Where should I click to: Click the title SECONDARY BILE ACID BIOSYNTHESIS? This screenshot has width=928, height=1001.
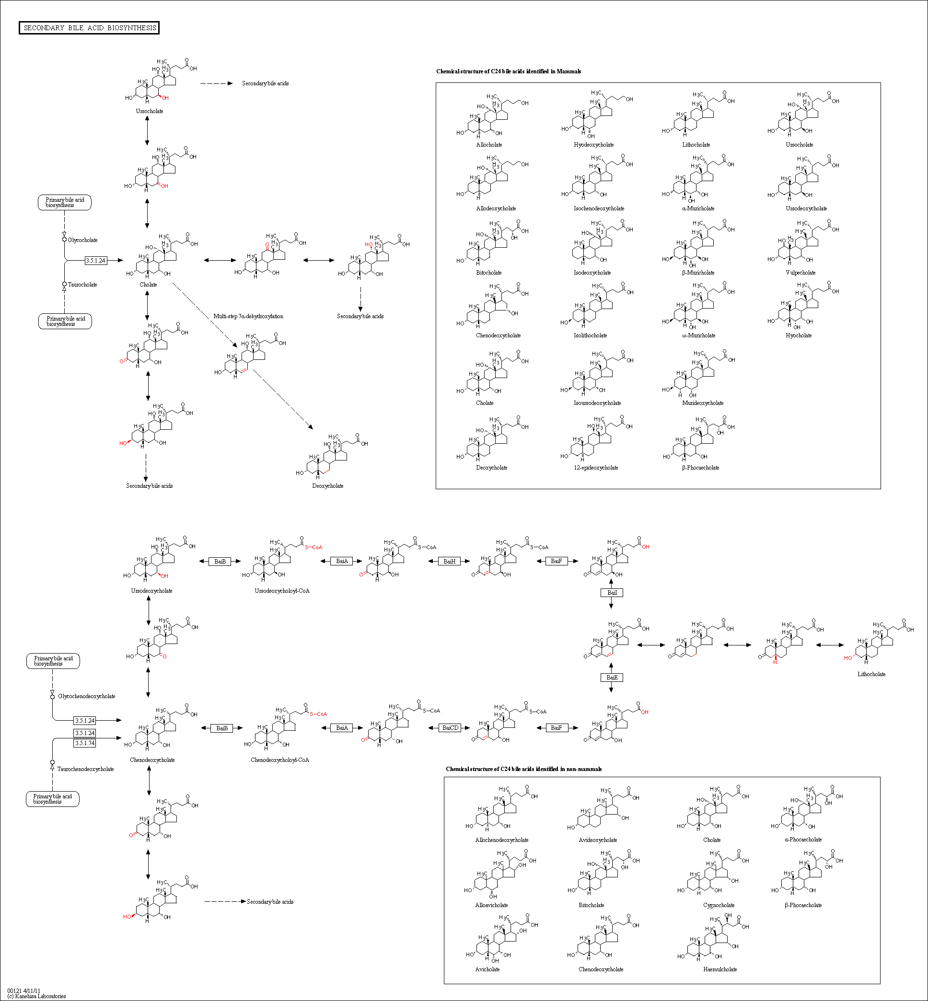click(x=89, y=28)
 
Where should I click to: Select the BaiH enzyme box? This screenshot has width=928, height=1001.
click(x=450, y=561)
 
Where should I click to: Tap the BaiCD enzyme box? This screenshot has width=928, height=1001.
click(x=451, y=728)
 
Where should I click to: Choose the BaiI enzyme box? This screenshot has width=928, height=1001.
click(x=612, y=593)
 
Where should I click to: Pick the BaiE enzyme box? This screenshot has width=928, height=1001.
click(x=612, y=678)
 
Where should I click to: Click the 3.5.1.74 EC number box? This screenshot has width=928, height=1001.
click(x=84, y=743)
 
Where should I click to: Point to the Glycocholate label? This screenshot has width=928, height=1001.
click(x=83, y=240)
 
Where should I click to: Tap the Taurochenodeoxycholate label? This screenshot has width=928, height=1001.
click(x=85, y=769)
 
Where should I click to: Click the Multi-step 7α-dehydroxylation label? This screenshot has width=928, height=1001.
click(x=248, y=316)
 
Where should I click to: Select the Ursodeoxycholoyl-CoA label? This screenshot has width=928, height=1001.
click(x=282, y=591)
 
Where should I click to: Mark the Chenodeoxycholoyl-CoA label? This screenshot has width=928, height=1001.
click(x=280, y=760)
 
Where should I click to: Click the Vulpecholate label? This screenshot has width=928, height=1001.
click(x=800, y=273)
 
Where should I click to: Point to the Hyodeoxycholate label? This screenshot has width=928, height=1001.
click(x=593, y=145)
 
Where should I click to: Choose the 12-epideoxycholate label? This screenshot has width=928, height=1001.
click(x=595, y=468)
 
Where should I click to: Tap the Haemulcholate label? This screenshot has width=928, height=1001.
click(x=719, y=969)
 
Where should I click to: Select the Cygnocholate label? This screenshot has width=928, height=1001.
click(x=719, y=905)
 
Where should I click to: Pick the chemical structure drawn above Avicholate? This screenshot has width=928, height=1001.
click(x=500, y=938)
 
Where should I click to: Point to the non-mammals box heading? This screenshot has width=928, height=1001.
click(x=523, y=769)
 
